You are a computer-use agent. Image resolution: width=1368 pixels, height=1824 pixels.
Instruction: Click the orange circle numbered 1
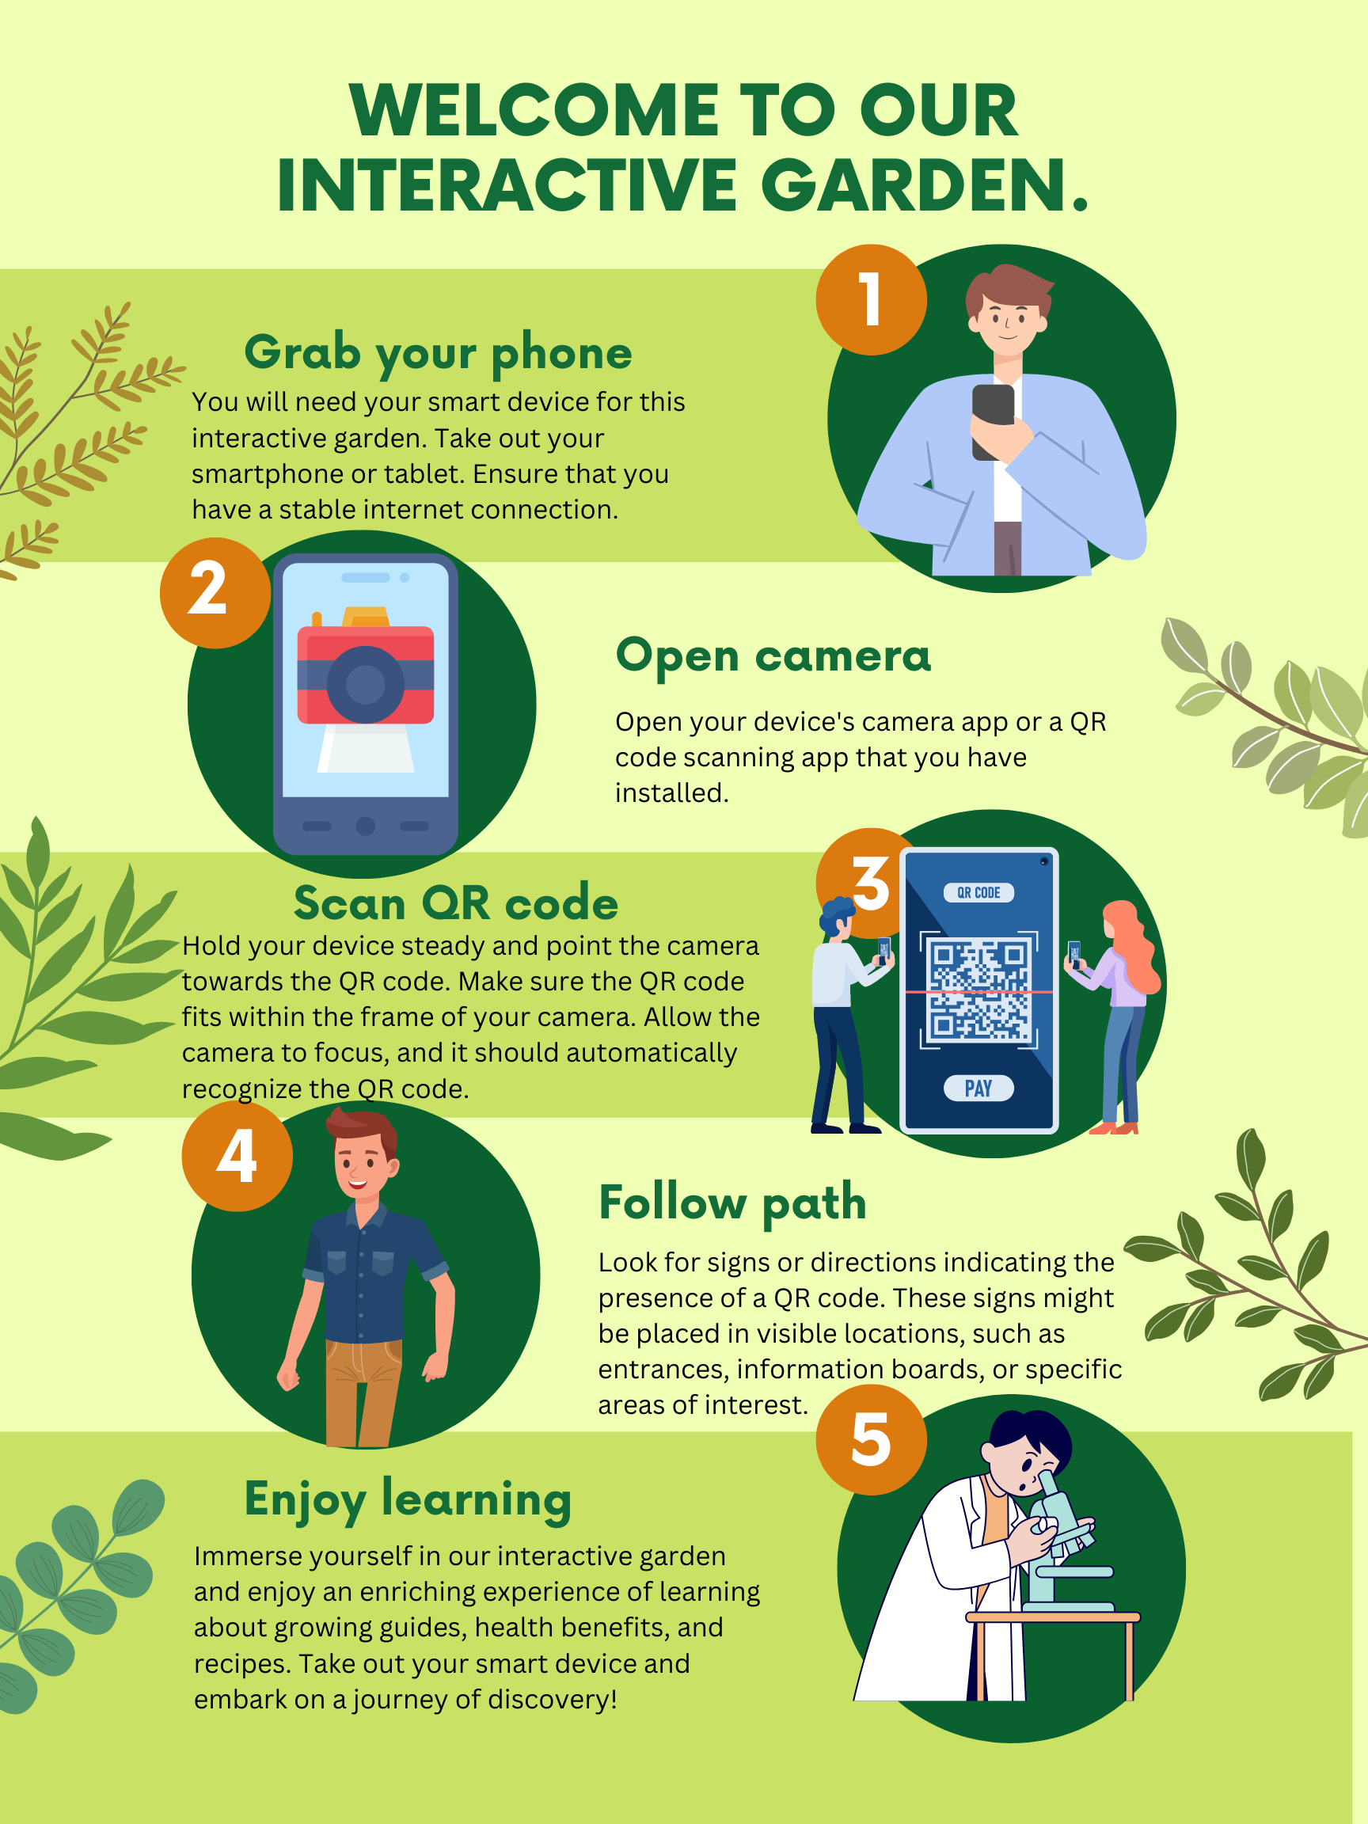[871, 299]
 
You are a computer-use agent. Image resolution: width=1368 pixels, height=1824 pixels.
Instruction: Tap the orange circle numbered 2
[215, 592]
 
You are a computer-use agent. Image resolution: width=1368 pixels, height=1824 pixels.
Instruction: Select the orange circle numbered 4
[237, 1155]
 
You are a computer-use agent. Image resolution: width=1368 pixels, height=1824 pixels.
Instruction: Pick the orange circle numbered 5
[871, 1440]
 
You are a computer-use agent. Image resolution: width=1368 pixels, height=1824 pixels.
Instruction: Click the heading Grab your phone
[438, 353]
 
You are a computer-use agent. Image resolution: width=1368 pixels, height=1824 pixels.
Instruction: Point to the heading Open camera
[773, 656]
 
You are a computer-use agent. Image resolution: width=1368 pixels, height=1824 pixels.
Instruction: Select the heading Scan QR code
[456, 902]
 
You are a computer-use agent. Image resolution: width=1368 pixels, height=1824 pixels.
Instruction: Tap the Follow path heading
[732, 1203]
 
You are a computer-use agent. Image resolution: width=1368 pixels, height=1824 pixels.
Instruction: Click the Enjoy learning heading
[408, 1500]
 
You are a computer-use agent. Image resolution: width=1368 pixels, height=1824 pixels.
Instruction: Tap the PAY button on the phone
[978, 1089]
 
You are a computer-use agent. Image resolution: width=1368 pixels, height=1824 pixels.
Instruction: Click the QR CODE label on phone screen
[978, 892]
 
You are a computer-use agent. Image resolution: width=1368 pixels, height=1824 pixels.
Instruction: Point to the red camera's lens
[365, 685]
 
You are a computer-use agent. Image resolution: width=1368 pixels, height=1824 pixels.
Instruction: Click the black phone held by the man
[992, 420]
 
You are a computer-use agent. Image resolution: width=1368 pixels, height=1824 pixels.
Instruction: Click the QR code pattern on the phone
[978, 989]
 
